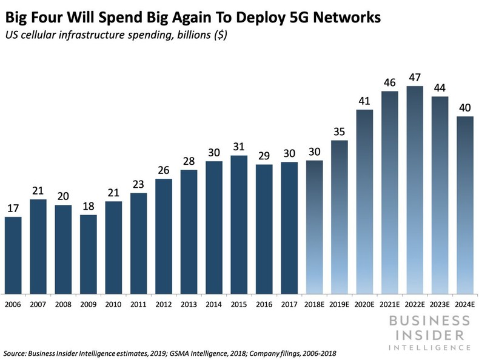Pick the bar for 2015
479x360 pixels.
coord(239,224)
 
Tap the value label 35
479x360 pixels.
coord(339,131)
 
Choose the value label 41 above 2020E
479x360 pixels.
coord(364,101)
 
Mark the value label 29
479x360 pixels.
coord(264,155)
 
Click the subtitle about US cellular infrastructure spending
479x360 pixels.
coord(115,35)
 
